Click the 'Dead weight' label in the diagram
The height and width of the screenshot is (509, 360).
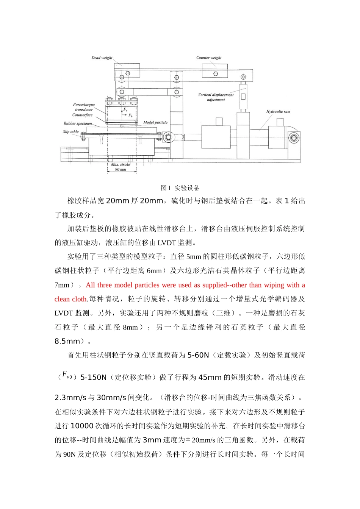coord(102,58)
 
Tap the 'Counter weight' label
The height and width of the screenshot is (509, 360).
coord(209,58)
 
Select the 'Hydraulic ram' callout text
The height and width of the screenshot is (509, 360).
coord(278,112)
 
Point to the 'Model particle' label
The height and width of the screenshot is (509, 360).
coord(155,123)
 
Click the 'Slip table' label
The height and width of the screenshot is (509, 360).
coord(71,132)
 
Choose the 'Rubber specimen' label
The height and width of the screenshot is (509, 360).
coord(78,123)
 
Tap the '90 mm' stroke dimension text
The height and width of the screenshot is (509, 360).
coord(121,169)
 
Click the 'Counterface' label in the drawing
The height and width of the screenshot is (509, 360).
coord(82,115)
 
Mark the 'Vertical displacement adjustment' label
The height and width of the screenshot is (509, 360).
coord(216,97)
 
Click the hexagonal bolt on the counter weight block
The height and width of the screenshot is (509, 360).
coord(215,74)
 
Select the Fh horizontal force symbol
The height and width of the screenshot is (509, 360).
coord(130,116)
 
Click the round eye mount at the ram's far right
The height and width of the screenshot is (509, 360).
coord(294,137)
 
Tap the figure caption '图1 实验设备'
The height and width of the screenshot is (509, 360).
coord(180,188)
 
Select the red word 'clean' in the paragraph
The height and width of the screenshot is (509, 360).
coord(62,299)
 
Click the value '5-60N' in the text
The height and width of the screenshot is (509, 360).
coord(198,355)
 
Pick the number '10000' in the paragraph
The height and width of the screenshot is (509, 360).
coord(82,426)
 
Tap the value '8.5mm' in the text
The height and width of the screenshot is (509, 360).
coord(67,341)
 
